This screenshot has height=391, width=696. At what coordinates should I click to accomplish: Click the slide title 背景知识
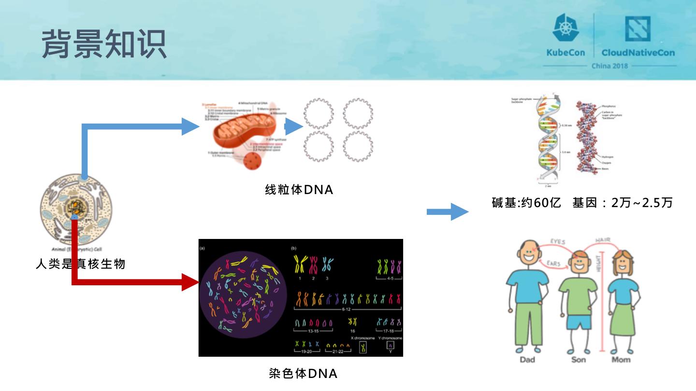point(104,43)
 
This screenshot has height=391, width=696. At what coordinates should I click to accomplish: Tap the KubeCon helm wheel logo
point(565,28)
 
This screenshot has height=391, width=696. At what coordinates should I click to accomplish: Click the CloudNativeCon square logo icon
point(638,28)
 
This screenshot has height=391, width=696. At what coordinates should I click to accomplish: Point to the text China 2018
point(610,66)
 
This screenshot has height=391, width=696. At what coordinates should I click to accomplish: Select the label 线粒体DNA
point(299,190)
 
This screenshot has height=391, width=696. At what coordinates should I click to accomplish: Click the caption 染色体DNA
point(303,373)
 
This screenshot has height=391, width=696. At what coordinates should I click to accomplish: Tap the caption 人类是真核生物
point(81,264)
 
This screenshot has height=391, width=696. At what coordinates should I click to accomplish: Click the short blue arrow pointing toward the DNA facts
point(447,211)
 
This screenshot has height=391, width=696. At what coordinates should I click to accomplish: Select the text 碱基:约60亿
point(526,203)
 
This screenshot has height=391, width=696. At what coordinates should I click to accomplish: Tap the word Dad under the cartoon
point(527,360)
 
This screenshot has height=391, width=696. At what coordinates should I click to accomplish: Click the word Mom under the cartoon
point(621,360)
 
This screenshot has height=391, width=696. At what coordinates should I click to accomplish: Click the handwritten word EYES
point(558,241)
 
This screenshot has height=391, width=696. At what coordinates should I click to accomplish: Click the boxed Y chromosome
point(390,346)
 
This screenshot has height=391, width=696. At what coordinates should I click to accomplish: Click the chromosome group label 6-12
point(348,308)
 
